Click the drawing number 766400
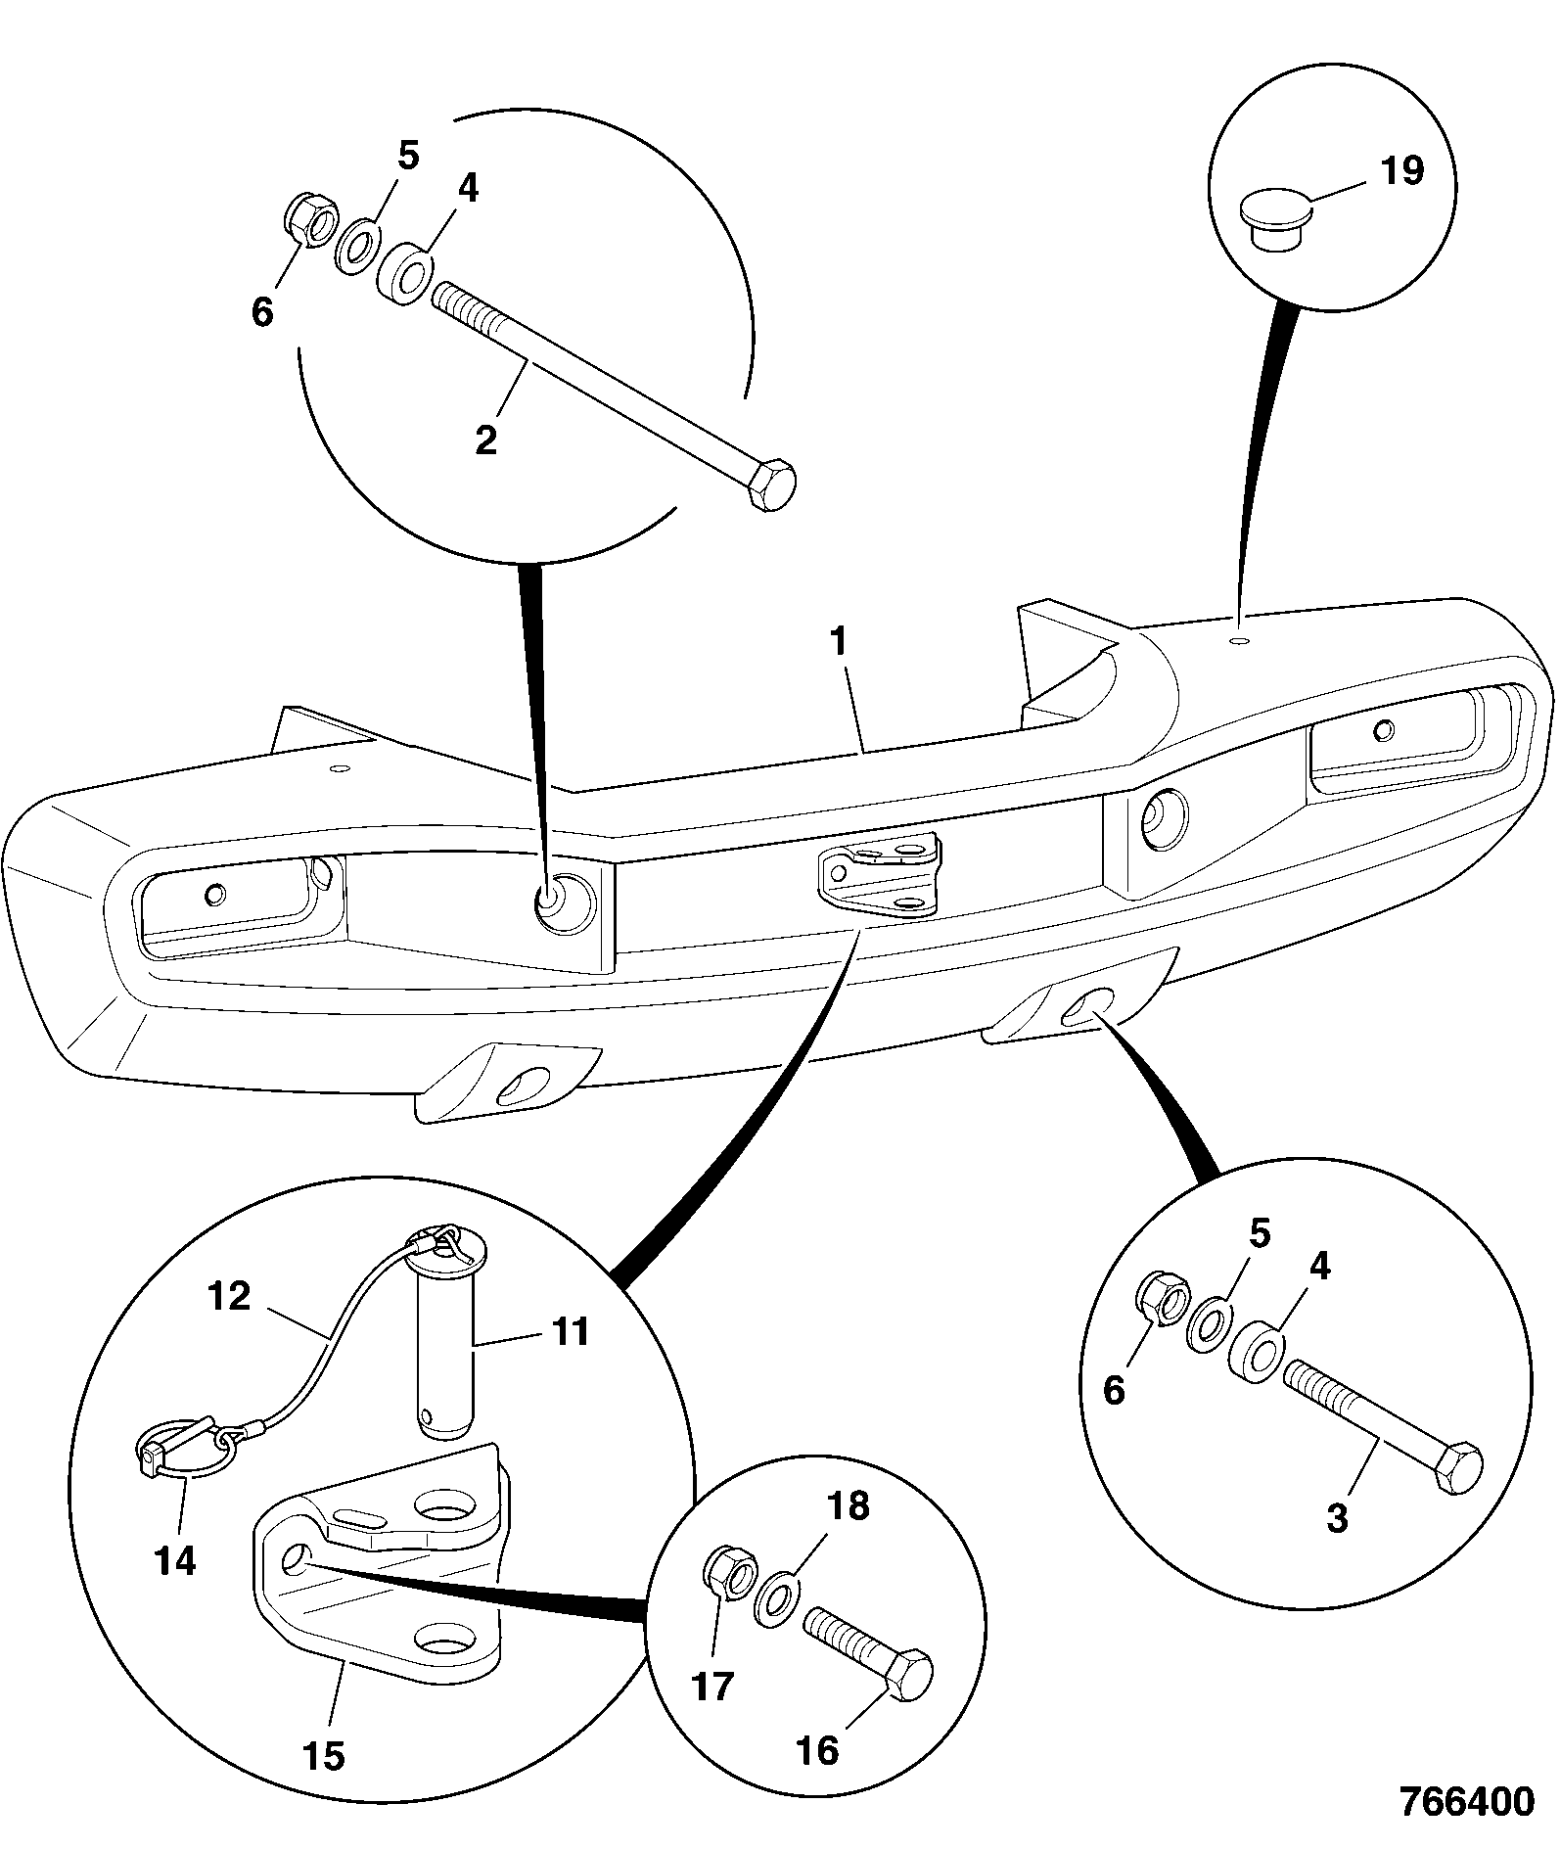[1467, 1801]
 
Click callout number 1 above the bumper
[838, 643]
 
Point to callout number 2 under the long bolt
[486, 438]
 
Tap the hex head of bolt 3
[1458, 1466]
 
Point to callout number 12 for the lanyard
[229, 1297]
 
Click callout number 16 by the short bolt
[818, 1750]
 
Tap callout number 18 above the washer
[848, 1506]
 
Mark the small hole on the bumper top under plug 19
[1240, 640]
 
